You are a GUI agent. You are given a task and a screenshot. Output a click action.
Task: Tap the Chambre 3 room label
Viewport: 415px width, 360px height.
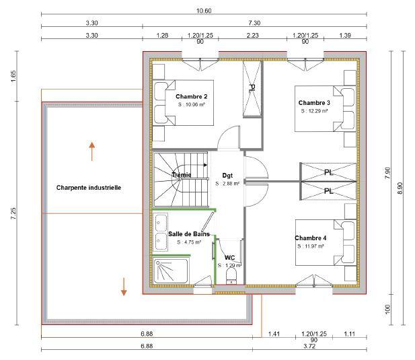[x=314, y=102]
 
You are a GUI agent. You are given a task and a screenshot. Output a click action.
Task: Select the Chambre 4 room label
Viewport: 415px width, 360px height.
[x=310, y=238]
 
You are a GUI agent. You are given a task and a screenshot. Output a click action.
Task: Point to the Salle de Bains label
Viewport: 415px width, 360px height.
[x=189, y=234]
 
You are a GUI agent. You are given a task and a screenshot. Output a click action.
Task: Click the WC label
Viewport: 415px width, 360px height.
[x=229, y=257]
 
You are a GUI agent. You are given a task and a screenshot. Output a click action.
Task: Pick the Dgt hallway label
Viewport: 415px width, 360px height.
[x=227, y=174]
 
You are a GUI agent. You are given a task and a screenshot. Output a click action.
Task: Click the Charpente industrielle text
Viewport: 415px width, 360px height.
[x=89, y=188]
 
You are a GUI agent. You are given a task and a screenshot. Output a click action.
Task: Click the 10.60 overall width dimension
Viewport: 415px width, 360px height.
[x=204, y=11]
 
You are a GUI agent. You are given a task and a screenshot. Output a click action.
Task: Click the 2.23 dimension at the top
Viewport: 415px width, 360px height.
[x=253, y=34]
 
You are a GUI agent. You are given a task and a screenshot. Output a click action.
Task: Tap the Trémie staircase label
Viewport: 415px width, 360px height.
[x=181, y=175]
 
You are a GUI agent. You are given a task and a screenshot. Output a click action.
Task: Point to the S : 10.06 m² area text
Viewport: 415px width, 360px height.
[x=192, y=105]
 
